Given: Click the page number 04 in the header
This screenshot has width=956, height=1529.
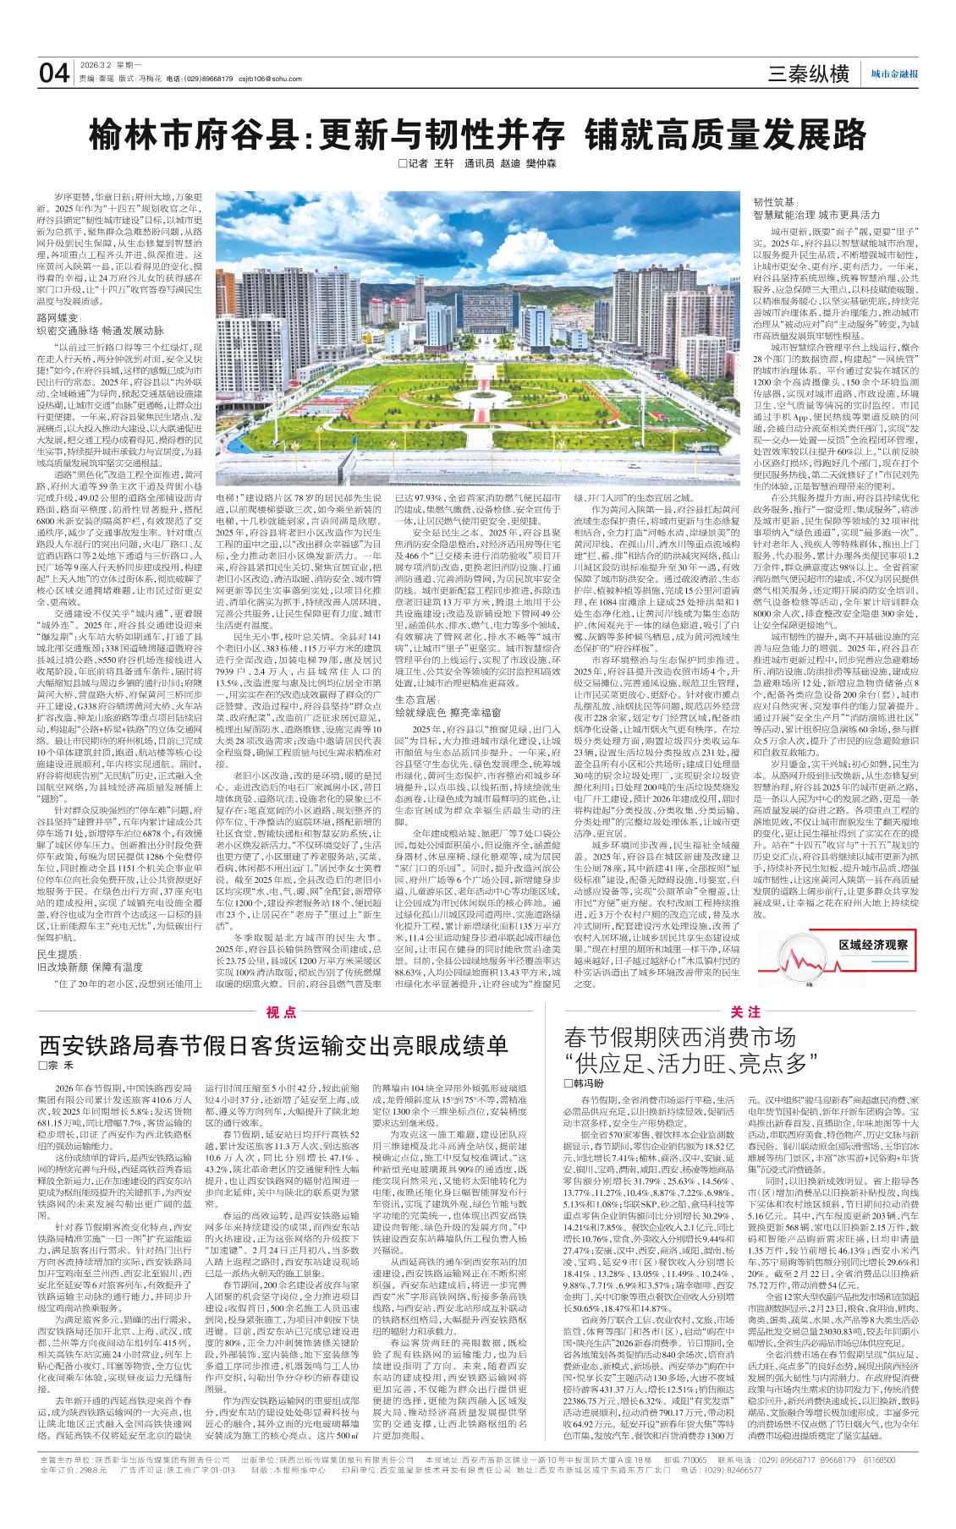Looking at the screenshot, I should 54,74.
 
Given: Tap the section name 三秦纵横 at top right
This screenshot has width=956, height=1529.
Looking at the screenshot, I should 807,74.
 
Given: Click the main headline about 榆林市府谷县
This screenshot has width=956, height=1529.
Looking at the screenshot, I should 478,134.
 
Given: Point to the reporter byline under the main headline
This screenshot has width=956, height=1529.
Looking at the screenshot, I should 477,164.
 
